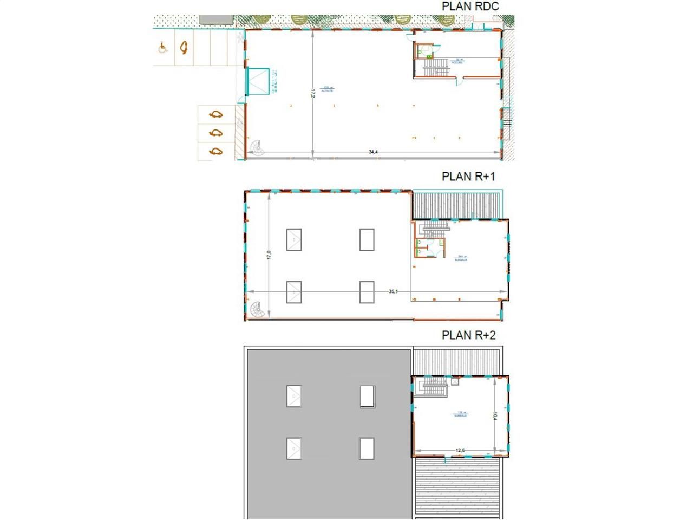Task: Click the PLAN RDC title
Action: [470, 6]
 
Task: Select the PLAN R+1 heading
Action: [468, 177]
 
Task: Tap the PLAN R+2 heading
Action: [468, 335]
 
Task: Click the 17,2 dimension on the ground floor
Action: [313, 93]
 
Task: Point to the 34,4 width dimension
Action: [373, 152]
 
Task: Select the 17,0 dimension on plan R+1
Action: [269, 255]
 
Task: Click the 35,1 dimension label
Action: [393, 291]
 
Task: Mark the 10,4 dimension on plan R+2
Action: [495, 416]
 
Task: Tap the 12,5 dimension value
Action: [460, 450]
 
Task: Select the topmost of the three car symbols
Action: [216, 114]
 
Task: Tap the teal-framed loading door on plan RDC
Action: [258, 82]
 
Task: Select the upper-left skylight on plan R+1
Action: [294, 239]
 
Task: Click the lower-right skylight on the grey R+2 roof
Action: [367, 448]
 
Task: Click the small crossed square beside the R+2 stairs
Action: [455, 382]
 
